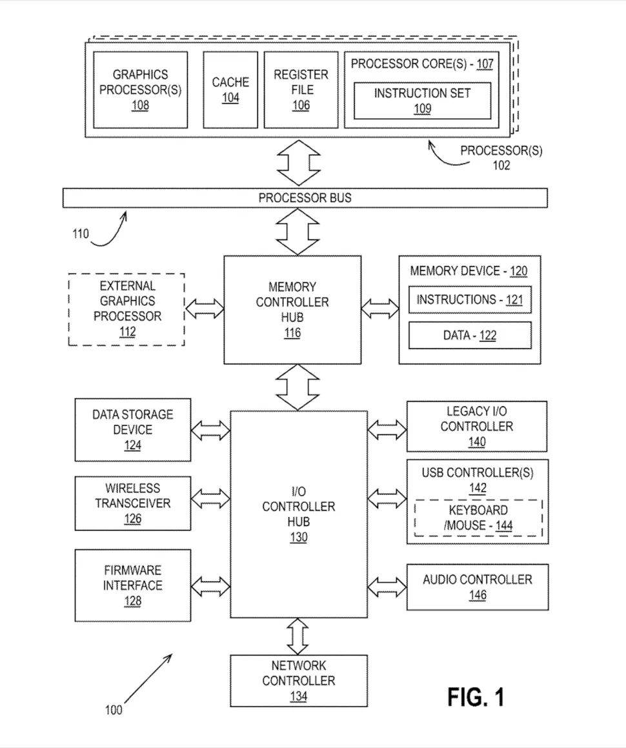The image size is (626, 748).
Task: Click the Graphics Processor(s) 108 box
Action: coord(140,90)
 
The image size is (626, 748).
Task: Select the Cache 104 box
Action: coord(230,90)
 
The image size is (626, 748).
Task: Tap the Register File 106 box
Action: coord(301,90)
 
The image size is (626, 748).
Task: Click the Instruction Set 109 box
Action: coord(422,101)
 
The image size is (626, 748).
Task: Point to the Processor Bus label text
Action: coord(305,197)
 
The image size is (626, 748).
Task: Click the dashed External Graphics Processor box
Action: coord(126,309)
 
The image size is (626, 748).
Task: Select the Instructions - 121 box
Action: coord(470,300)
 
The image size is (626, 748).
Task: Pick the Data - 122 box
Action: coord(470,336)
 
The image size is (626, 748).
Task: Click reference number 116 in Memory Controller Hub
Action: coord(292,334)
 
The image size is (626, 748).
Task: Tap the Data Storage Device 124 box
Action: coord(133,430)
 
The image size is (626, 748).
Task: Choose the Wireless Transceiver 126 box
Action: coord(133,503)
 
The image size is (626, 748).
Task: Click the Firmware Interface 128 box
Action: coord(133,585)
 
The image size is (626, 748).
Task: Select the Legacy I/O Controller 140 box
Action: coord(477,427)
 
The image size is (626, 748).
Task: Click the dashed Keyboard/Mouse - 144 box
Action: coord(478,518)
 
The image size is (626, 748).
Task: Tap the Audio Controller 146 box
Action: coord(477,587)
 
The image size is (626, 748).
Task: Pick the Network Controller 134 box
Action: coord(298,681)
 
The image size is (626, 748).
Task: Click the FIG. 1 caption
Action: coord(476,696)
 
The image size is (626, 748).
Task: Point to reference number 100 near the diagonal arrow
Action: coord(113,710)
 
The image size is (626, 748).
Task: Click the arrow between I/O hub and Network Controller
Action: coord(298,636)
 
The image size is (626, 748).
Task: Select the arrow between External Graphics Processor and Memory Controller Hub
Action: coord(204,308)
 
